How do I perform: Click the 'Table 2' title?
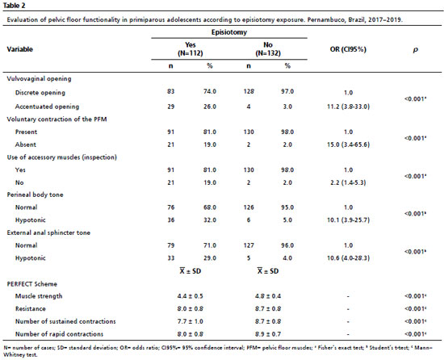tap(14, 6)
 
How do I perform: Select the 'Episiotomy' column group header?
tap(229, 32)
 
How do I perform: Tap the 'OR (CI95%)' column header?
tap(348, 49)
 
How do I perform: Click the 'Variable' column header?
tap(20, 49)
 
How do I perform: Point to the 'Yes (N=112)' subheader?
tap(191, 49)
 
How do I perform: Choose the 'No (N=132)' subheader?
tap(268, 49)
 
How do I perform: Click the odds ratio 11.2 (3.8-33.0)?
tap(348, 107)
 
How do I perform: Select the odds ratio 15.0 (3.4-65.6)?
tap(348, 144)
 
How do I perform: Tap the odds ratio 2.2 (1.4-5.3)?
tap(348, 182)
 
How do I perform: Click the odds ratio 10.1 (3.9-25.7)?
tap(348, 220)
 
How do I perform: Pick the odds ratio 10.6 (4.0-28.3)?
tap(348, 257)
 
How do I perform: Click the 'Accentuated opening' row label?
tap(47, 107)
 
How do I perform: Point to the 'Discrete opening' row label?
tap(40, 93)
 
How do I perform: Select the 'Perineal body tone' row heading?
tap(35, 195)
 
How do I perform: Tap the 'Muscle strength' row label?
tap(39, 296)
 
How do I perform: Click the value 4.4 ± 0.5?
tap(191, 296)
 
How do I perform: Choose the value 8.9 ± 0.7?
tap(268, 334)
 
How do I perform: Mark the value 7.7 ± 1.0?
tap(191, 321)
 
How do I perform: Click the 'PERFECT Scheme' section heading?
tap(32, 284)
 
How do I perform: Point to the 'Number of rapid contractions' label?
tap(59, 334)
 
